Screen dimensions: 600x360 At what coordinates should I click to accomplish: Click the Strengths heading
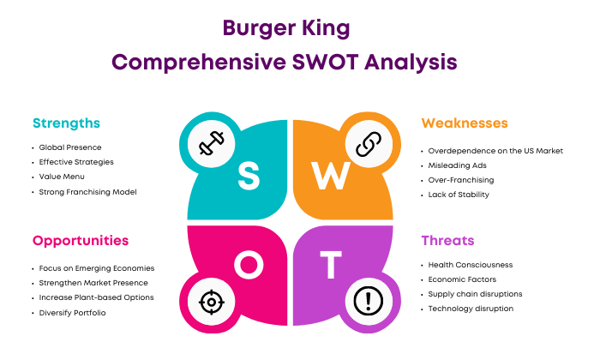[x=66, y=123]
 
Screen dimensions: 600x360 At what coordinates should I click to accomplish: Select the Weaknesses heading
[x=465, y=123]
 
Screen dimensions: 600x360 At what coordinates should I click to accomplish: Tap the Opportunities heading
[x=81, y=241]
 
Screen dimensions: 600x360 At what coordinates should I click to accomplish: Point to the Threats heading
[x=447, y=241]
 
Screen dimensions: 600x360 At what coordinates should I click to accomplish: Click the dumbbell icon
[x=211, y=143]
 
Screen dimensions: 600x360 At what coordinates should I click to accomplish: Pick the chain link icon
[x=369, y=144]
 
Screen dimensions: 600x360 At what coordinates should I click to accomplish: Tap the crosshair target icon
[x=211, y=303]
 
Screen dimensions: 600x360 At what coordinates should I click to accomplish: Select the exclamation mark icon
[x=369, y=301]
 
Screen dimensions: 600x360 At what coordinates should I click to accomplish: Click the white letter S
[x=249, y=176]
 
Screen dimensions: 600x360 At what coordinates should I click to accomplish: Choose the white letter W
[x=331, y=176]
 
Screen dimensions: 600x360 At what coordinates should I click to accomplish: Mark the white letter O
[x=249, y=264]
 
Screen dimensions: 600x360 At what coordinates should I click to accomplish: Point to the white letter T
[x=331, y=264]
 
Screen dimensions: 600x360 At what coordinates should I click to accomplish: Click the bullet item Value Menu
[x=62, y=177]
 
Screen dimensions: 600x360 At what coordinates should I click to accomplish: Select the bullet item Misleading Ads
[x=457, y=165]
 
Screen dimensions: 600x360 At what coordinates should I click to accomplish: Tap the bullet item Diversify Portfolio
[x=72, y=313]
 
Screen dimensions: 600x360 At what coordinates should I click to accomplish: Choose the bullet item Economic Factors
[x=462, y=279]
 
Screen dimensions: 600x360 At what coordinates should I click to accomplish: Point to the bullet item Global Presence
[x=70, y=147]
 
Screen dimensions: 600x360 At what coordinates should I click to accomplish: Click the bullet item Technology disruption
[x=471, y=309]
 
